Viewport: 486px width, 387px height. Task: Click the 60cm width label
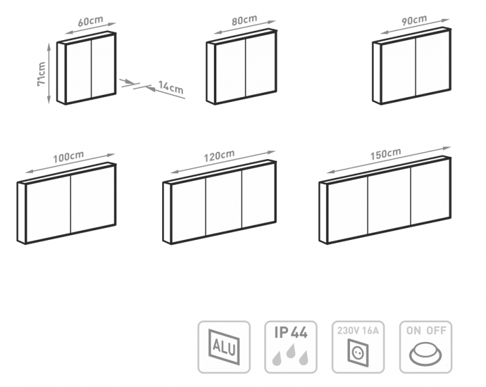[x=91, y=21]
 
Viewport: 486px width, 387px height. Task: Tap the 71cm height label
[x=41, y=74]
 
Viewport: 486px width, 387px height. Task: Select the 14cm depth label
[x=171, y=87]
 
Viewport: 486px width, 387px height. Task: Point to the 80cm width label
[x=245, y=21]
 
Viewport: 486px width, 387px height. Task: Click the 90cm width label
[x=414, y=21]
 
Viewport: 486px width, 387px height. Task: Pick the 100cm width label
[x=68, y=157]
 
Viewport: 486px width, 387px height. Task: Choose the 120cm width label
[x=219, y=156]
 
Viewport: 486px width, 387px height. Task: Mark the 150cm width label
[x=386, y=154]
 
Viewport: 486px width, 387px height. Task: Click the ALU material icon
[x=224, y=347]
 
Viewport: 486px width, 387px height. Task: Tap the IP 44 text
[x=291, y=332]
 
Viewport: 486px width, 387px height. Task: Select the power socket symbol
[x=358, y=353]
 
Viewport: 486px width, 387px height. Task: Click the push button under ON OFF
[x=426, y=354]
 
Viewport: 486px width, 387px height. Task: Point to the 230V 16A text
[x=358, y=330]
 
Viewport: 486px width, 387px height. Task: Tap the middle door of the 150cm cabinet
[x=389, y=201]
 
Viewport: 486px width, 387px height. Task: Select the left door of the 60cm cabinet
[x=79, y=70]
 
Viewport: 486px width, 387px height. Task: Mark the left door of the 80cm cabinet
[x=231, y=71]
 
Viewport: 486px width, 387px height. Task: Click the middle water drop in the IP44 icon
[x=291, y=351]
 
